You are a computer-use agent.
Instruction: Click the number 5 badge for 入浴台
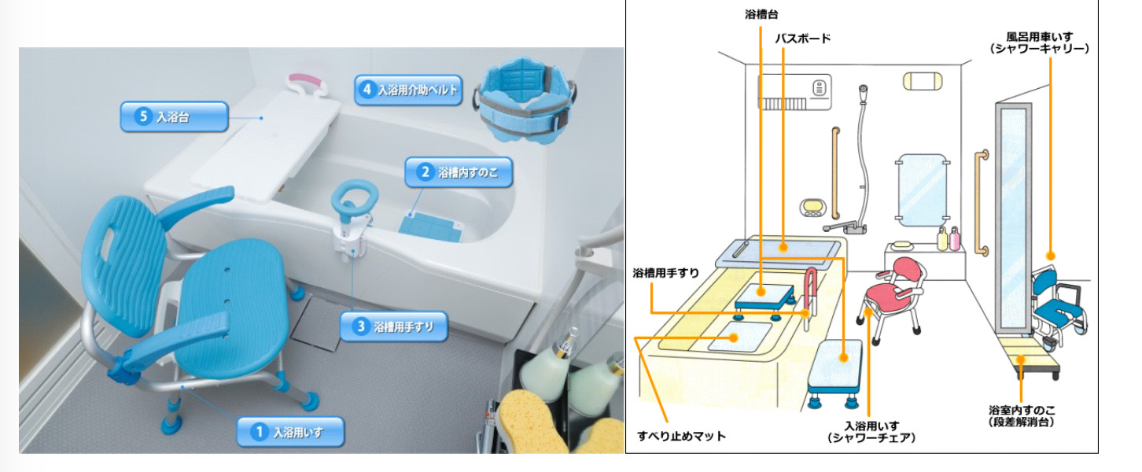point(142,116)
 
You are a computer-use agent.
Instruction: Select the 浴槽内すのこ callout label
point(468,172)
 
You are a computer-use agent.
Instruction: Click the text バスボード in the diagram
point(803,37)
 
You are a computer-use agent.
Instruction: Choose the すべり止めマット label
point(681,436)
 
